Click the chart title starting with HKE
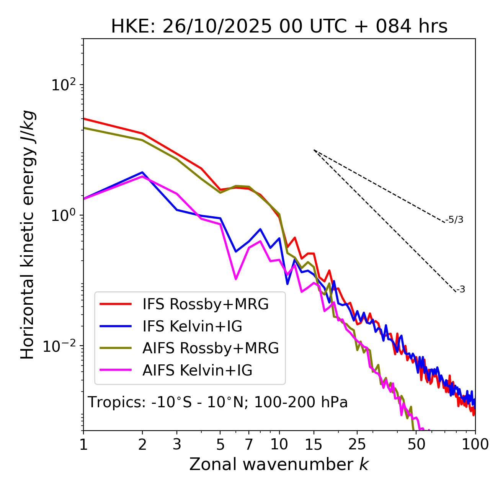coord(279,27)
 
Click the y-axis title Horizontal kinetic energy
coord(28,235)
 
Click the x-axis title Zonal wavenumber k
coord(279,464)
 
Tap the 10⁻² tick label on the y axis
coord(61,346)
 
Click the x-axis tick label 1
coord(83,444)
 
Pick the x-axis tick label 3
coord(177,444)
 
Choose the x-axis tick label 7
coord(249,444)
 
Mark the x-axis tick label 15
coord(314,444)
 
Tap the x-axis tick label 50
coord(416,444)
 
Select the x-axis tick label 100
coord(475,444)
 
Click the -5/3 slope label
coord(454,220)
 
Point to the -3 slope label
coord(461,290)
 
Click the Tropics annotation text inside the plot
coord(218,402)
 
